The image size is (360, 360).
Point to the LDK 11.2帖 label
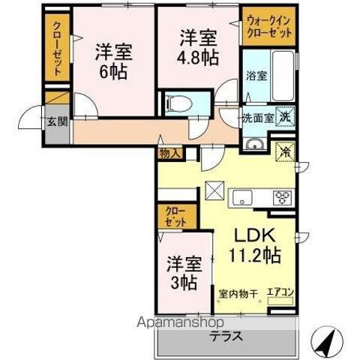(x=254, y=244)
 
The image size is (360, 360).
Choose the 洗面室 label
(x=256, y=118)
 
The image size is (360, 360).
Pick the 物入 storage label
(x=169, y=154)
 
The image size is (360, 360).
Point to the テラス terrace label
(x=226, y=335)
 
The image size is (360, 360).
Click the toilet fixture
(x=179, y=103)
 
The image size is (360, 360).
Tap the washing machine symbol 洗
(x=284, y=116)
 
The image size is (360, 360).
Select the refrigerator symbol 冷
(x=285, y=150)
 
